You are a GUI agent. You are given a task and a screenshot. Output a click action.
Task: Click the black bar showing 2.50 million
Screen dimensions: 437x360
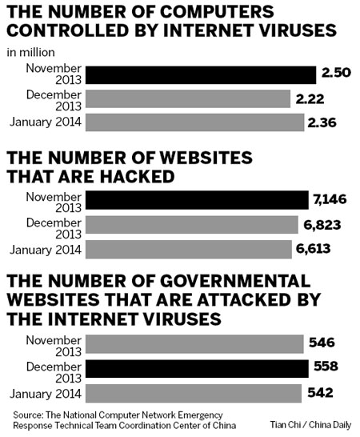200,74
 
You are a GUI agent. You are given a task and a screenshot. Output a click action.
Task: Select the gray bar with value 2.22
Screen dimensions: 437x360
187,98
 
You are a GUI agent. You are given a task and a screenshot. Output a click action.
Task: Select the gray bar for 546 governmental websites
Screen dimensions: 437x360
196,345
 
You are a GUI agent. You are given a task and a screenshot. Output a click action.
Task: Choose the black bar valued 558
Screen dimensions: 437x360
197,369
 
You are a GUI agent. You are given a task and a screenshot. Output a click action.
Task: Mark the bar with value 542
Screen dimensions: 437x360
195,393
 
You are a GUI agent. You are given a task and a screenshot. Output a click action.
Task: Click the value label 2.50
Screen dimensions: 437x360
334,74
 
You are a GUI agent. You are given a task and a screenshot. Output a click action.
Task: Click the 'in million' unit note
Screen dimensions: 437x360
31,53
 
